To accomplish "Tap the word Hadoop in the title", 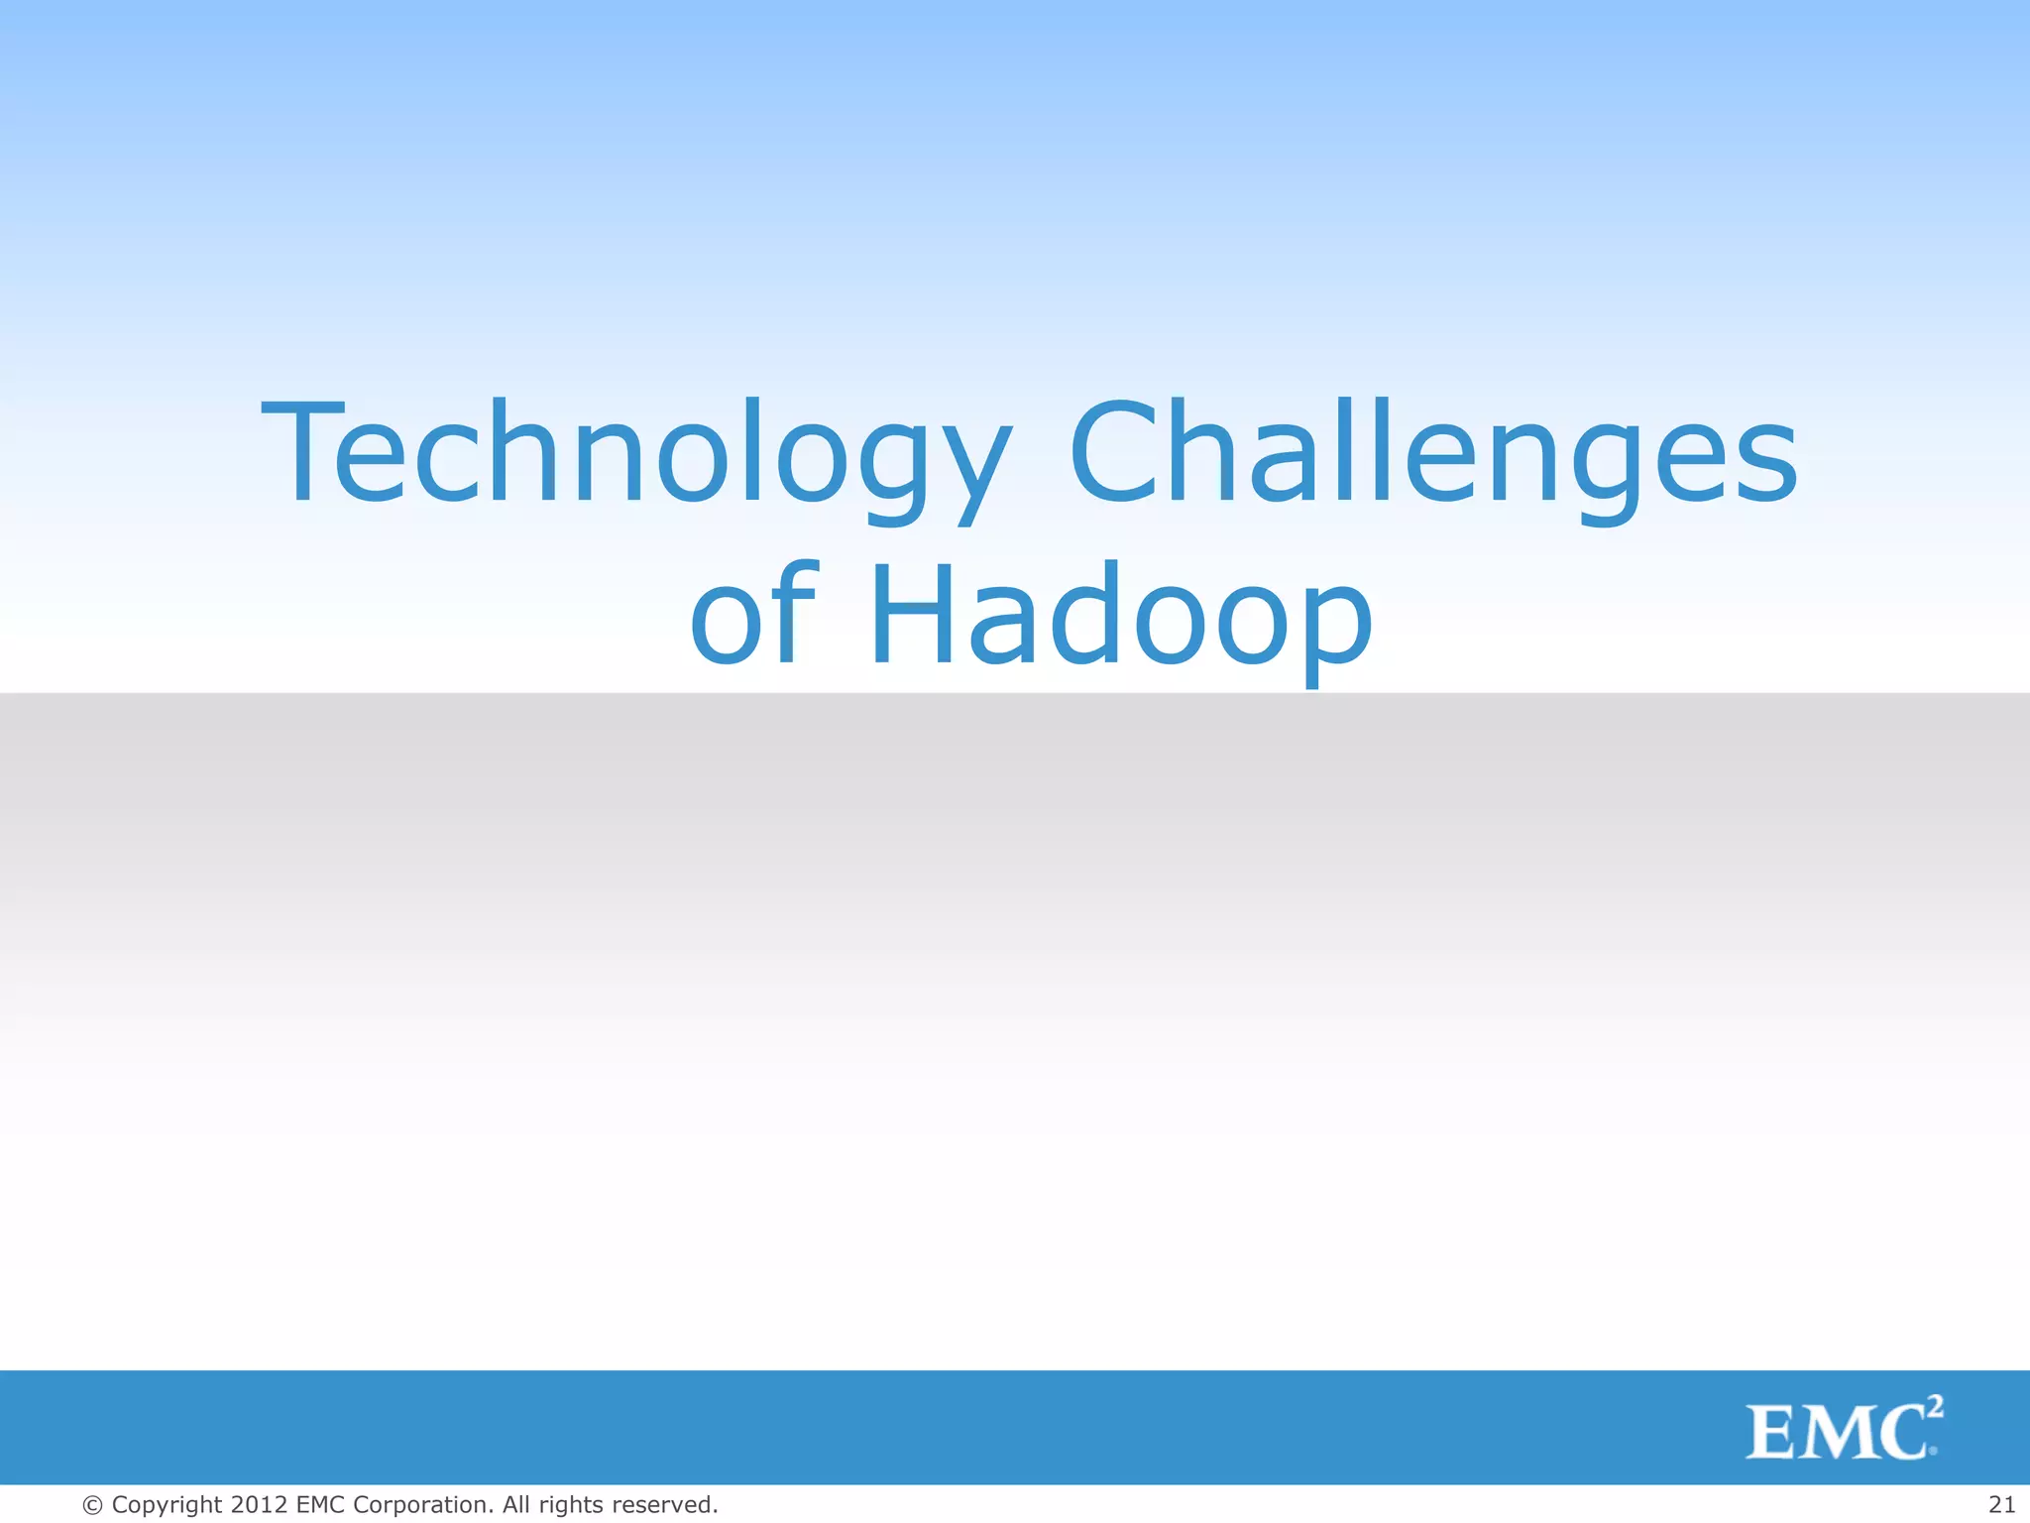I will point(1121,615).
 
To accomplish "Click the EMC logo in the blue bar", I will point(1842,1431).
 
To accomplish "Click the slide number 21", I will point(2001,1504).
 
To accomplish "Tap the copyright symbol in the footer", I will point(92,1505).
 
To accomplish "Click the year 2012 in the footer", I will point(259,1504).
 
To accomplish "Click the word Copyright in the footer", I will point(167,1505).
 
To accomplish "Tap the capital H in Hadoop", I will point(911,615).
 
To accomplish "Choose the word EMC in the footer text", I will point(320,1504).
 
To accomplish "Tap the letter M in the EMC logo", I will point(1837,1434).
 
